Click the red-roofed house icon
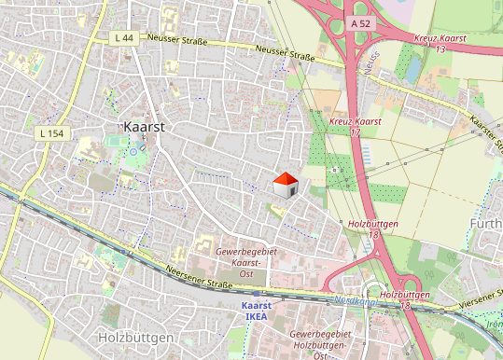point(285,185)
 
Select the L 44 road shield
point(123,37)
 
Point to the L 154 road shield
point(51,134)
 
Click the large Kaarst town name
point(143,125)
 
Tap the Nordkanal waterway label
point(354,301)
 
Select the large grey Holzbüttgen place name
point(135,336)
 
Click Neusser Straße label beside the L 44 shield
point(177,41)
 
